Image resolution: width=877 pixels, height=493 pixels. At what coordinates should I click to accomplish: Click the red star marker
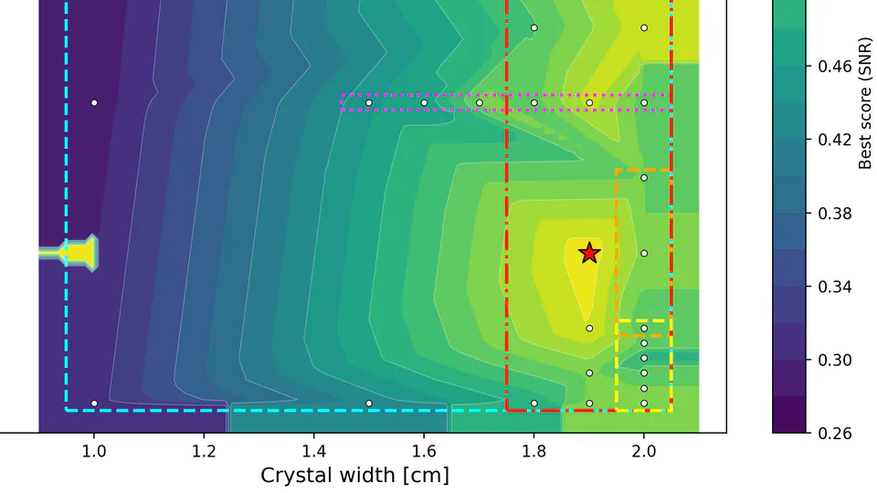[589, 253]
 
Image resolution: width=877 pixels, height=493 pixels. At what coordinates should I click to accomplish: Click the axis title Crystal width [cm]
[354, 476]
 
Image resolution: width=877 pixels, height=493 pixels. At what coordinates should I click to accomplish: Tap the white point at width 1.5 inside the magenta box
[369, 102]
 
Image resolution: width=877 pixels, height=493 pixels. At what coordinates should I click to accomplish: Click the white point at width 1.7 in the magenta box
[479, 102]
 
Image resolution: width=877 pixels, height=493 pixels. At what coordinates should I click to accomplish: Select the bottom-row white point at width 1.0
[94, 403]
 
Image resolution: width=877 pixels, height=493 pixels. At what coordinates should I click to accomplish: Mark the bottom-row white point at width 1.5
[369, 403]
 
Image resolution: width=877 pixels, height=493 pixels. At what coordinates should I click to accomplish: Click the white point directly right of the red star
[644, 253]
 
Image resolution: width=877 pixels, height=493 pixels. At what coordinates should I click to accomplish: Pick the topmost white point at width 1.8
[534, 27]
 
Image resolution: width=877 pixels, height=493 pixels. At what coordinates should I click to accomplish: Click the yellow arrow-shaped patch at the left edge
[78, 253]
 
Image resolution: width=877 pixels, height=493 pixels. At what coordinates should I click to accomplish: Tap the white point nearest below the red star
[589, 328]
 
